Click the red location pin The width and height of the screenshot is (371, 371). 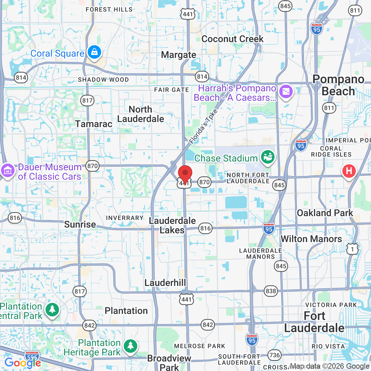point(185,174)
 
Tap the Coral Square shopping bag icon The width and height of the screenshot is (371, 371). point(94,52)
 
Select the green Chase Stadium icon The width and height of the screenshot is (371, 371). point(268,157)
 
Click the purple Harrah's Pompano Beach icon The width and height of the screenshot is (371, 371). point(286,91)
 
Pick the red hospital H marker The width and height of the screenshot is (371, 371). point(349,171)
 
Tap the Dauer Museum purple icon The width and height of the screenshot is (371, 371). point(7,170)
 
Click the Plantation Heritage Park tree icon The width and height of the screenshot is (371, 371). point(130,346)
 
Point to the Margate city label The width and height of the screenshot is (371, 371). point(178,55)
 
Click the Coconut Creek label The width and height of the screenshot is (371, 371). point(232,39)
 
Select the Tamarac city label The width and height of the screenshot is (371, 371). point(94,124)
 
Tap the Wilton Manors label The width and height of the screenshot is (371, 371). point(311,239)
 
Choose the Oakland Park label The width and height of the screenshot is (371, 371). point(325,213)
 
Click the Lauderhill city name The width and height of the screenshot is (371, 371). point(165,283)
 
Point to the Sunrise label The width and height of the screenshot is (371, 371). point(80,224)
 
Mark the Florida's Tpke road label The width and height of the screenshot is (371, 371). point(203,126)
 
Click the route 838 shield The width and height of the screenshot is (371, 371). point(270,291)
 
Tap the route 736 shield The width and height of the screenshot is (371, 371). point(275,355)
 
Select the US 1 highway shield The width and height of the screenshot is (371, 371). point(352,249)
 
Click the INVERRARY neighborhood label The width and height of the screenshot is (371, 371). point(125,218)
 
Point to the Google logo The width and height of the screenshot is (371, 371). point(22,363)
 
